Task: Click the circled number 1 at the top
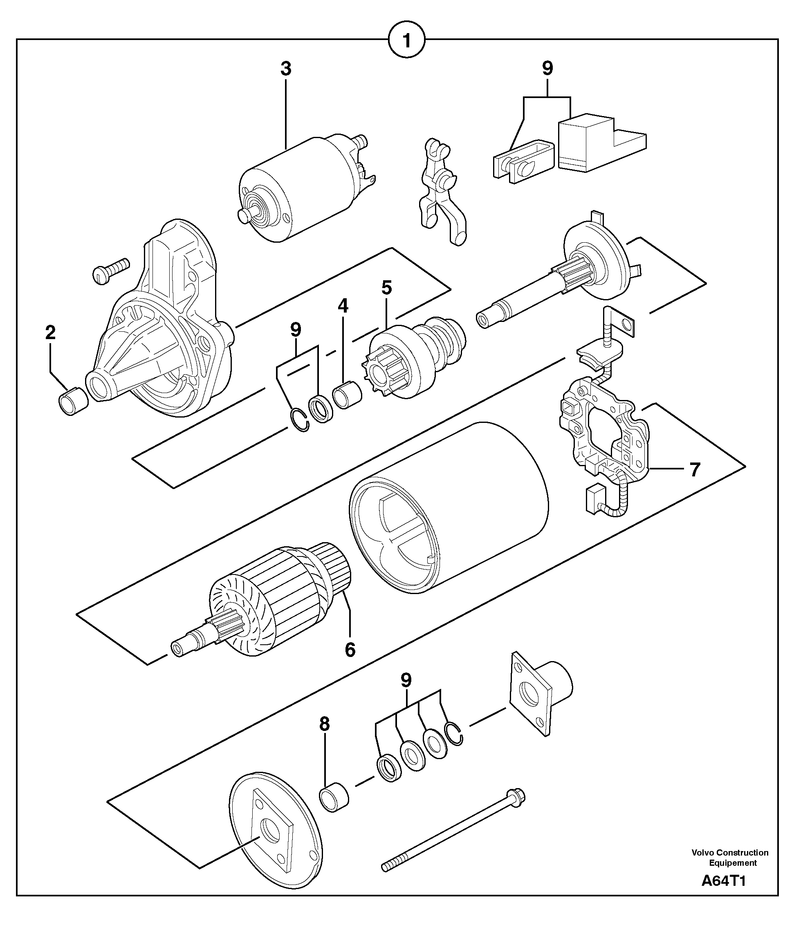point(407,41)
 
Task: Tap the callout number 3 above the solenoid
point(286,69)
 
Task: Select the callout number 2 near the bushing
point(50,332)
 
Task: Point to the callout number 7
point(694,470)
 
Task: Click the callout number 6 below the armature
point(350,650)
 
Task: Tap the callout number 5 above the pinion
point(386,288)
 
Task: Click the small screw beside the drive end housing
point(111,270)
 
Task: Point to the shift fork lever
point(442,192)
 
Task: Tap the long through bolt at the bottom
point(453,832)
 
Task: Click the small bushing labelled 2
point(74,400)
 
